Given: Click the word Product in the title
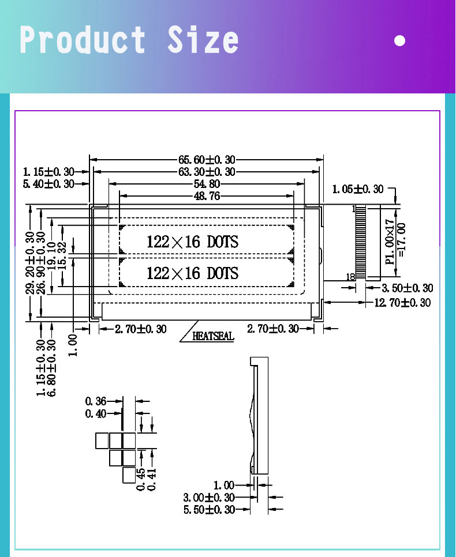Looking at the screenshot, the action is click(82, 39).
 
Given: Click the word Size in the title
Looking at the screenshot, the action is click(203, 39).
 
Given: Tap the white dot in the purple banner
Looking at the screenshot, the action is click(400, 40).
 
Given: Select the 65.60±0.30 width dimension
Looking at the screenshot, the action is click(207, 160).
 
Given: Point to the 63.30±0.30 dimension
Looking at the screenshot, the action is click(207, 172).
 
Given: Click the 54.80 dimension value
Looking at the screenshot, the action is click(207, 184).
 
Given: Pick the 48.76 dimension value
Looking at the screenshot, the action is click(207, 196).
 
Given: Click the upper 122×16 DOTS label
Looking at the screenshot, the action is click(192, 242).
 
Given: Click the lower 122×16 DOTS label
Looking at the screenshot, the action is click(192, 273).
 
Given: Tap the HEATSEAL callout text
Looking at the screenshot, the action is click(213, 336).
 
